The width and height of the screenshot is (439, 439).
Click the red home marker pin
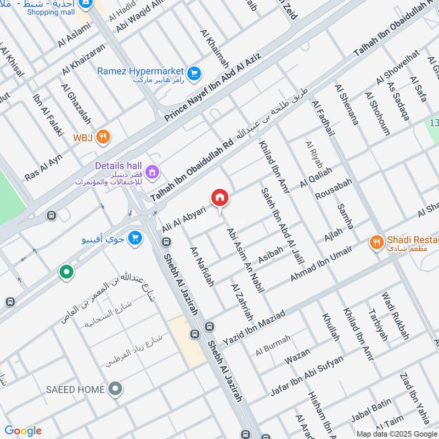point(219,198)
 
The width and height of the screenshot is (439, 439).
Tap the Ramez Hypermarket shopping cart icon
point(193,72)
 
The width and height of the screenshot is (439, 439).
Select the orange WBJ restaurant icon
point(103,137)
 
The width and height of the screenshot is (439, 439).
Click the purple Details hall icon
point(153,172)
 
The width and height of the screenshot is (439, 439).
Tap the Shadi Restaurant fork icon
point(376,241)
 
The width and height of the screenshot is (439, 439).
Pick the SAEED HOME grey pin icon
point(115,390)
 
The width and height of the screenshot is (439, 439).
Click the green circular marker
point(66,272)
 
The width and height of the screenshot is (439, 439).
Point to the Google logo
point(23,431)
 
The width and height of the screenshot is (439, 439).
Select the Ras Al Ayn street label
point(43,167)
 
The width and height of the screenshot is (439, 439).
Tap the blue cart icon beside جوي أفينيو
point(134,238)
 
